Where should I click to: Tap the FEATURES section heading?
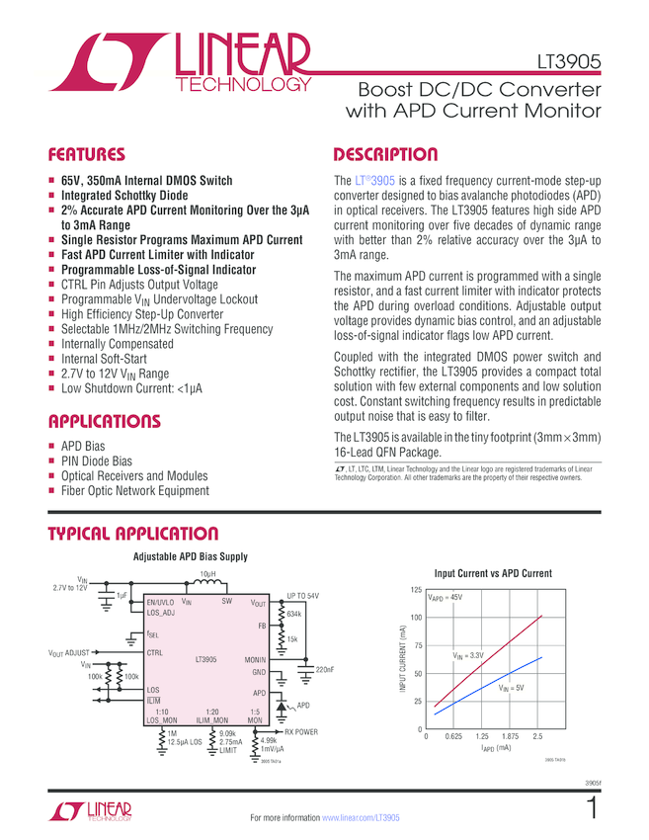pyautogui.click(x=87, y=155)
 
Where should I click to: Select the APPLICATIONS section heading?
pyautogui.click(x=104, y=422)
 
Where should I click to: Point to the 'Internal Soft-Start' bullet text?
pyautogui.click(x=107, y=360)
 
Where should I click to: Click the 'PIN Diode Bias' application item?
pyautogui.click(x=97, y=461)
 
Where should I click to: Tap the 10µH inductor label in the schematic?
pyautogui.click(x=208, y=574)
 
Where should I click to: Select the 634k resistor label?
pyautogui.click(x=294, y=614)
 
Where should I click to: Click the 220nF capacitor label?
pyautogui.click(x=324, y=670)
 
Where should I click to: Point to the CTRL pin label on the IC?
pyautogui.click(x=154, y=652)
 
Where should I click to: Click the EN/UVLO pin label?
pyautogui.click(x=160, y=602)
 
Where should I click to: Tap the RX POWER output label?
pyautogui.click(x=301, y=732)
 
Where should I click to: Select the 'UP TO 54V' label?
pyautogui.click(x=301, y=596)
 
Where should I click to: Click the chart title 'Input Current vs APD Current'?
pyautogui.click(x=493, y=573)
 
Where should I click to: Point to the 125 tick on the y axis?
pyautogui.click(x=415, y=590)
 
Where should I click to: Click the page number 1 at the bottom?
pyautogui.click(x=593, y=809)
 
